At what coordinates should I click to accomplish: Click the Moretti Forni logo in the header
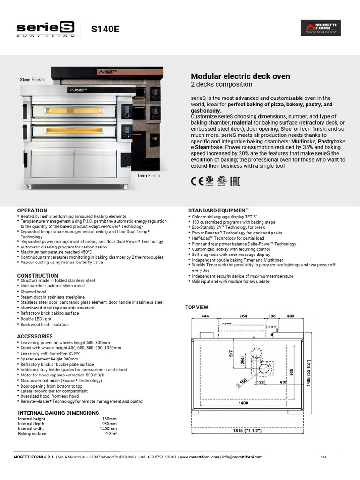point(321,28)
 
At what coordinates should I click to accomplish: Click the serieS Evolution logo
point(46,29)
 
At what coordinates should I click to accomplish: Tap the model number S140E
point(105,29)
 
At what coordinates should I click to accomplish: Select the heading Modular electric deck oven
point(240,76)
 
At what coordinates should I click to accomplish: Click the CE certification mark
point(196,181)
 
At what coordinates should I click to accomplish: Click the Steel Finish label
point(31,80)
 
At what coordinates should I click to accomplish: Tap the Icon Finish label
point(149,176)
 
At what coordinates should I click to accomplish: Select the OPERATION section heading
point(32,210)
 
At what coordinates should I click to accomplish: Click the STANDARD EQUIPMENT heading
point(218,210)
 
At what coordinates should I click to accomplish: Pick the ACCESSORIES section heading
point(35,337)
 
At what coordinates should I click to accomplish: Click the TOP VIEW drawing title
point(196,307)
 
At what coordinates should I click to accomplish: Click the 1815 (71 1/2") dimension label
point(247,431)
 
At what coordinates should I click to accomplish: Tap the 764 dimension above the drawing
point(243,316)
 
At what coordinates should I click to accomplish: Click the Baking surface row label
point(32,434)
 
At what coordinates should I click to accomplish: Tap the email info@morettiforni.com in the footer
point(242,457)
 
